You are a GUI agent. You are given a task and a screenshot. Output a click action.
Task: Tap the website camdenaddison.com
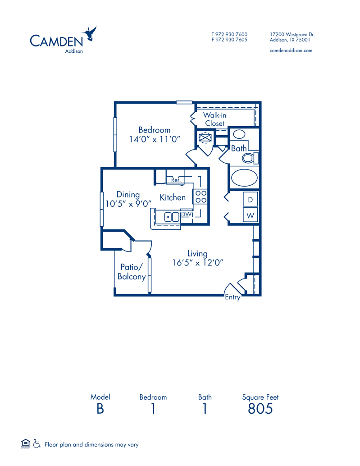(291, 50)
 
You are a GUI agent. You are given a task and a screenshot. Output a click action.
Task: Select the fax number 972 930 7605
(229, 40)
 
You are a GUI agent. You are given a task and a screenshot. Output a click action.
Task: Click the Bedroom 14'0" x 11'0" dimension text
(155, 140)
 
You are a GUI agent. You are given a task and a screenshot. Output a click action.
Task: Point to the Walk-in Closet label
(214, 119)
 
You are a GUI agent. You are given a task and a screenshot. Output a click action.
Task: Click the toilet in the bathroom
(250, 158)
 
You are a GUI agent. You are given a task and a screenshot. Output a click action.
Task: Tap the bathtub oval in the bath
(245, 178)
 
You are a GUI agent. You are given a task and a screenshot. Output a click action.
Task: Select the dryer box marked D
(251, 199)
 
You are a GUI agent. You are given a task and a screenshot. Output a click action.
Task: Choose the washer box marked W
(251, 215)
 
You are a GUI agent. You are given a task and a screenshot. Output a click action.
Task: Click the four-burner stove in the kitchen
(200, 196)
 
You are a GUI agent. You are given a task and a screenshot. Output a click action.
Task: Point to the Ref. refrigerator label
(176, 180)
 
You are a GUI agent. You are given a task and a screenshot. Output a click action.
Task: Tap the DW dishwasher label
(186, 215)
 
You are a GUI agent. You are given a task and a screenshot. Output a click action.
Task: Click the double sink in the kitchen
(172, 217)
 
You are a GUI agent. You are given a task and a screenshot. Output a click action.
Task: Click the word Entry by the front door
(233, 297)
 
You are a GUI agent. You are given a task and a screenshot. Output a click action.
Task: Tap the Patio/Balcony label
(132, 272)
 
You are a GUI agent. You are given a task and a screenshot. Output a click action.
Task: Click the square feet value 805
(260, 409)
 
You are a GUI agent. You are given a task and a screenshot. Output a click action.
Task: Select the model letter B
(100, 409)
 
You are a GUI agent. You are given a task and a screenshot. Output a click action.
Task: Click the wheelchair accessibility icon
(37, 444)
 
